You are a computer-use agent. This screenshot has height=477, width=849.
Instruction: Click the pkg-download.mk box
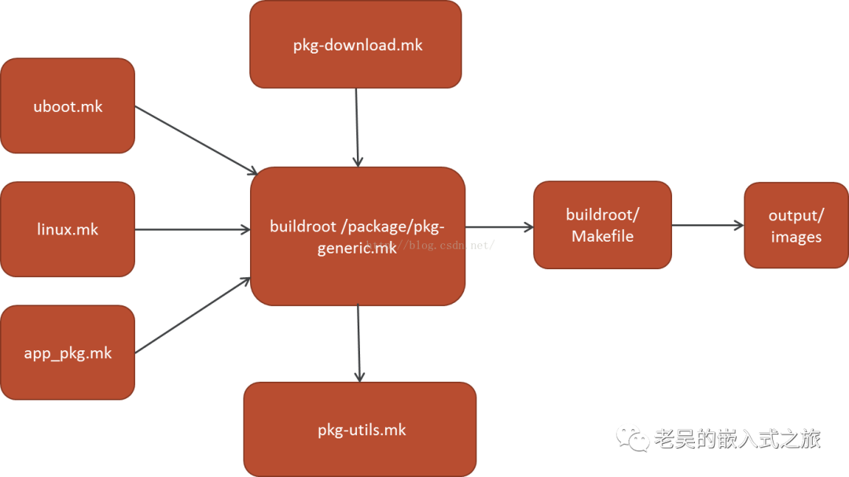coord(355,44)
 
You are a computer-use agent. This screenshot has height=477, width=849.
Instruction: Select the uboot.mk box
coord(68,105)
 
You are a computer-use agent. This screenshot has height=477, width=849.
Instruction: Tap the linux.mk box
coord(68,229)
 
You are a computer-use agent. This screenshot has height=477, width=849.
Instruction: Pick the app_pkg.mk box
coord(68,353)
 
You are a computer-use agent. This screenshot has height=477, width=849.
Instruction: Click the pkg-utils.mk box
coord(360,429)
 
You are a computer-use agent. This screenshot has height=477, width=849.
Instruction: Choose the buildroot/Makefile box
coord(603,225)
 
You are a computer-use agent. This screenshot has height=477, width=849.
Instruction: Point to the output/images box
coord(796,225)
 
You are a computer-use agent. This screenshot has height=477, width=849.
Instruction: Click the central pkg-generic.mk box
coord(358,236)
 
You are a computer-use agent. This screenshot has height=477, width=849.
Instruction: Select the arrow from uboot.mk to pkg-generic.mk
coord(196,140)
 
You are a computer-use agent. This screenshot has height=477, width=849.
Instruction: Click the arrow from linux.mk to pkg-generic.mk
coord(193,230)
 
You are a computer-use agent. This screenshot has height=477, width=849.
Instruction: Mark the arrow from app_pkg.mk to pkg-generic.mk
coord(193,316)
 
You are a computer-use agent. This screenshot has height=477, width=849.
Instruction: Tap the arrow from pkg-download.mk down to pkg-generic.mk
coord(357,128)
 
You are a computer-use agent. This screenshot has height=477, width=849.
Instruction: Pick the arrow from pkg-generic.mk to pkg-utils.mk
coord(358,344)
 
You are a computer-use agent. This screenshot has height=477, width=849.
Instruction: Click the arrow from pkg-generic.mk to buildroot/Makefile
coord(499,227)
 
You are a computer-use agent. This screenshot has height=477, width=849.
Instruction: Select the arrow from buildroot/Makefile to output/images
coord(707,225)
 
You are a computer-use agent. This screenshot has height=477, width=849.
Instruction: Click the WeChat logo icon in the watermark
coord(632,438)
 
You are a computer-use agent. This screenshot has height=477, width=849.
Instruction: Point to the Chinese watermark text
coord(737,438)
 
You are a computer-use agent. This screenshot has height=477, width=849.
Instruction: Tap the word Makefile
coord(603,236)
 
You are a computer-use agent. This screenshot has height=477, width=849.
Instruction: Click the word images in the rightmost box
coord(796,237)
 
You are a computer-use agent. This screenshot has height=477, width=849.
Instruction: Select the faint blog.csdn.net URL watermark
coord(431,246)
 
